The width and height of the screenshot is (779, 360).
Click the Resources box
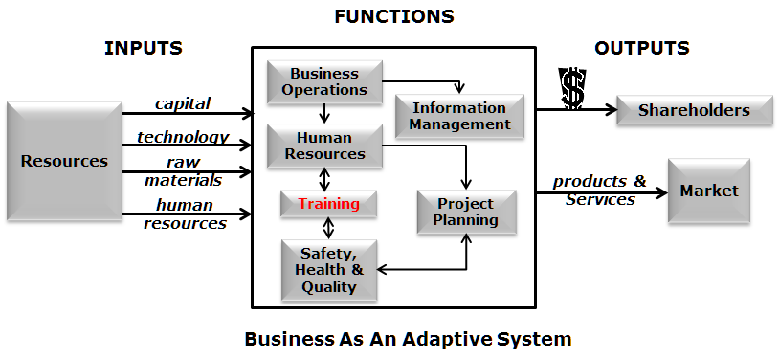pos(64,161)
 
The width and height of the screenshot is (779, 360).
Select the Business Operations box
pos(324,81)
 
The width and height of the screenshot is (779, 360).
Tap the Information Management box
pos(459,116)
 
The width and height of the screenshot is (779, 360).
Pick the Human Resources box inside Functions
pos(324,146)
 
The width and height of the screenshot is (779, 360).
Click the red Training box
pos(328,204)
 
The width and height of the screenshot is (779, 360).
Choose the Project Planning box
pos(466,212)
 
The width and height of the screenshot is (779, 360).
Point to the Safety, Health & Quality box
pos(327,270)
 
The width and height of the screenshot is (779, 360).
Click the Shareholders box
pos(694,110)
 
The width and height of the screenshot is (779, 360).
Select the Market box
pos(708,191)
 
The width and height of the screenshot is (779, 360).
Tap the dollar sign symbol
pos(572,88)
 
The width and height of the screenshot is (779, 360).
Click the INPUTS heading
pos(144,48)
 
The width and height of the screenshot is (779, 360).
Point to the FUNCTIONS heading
pos(394,16)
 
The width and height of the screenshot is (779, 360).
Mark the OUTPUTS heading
pos(641,48)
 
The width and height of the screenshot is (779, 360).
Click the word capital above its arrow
pos(183,103)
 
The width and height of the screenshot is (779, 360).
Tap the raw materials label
pos(183,170)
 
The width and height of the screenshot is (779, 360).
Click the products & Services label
pos(600,191)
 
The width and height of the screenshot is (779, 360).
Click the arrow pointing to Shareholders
pos(574,110)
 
